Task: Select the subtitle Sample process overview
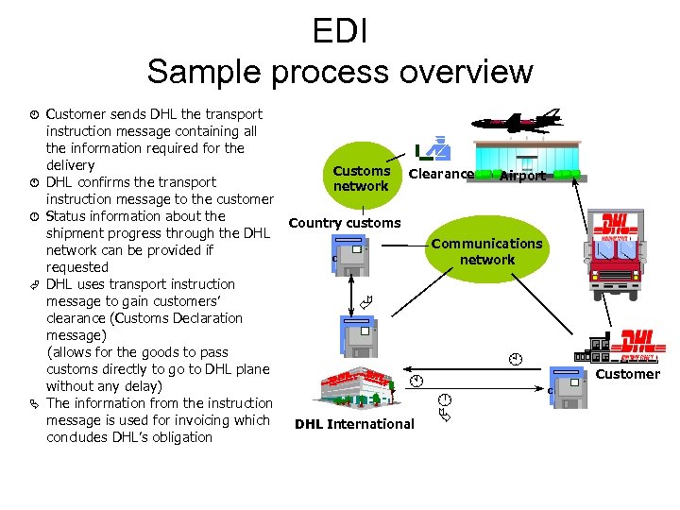coord(339,72)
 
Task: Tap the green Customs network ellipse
coord(361,178)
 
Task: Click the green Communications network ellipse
coord(486,251)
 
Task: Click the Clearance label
coord(441,174)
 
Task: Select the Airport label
coord(522,176)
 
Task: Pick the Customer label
coord(628,374)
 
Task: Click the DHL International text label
coord(354,424)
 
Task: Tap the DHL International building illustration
coord(356,390)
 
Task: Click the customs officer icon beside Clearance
coord(434,148)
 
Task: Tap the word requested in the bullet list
coord(77,267)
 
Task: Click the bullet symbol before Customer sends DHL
coord(32,114)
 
